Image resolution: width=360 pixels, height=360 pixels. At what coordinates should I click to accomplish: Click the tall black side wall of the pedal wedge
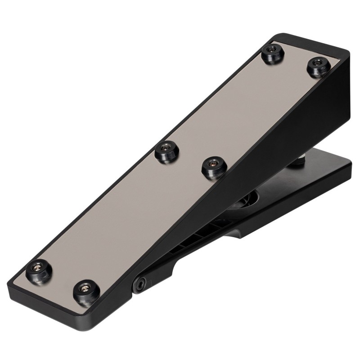[288, 130]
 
